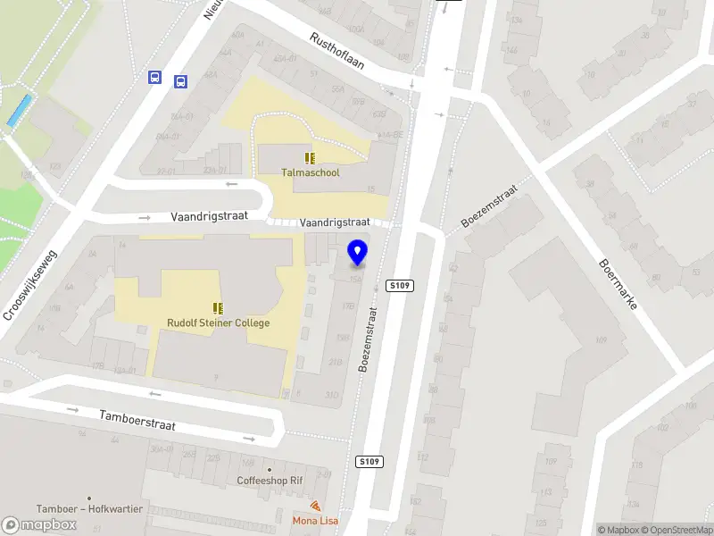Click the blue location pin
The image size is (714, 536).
(x=358, y=253)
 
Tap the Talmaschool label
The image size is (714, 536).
(x=311, y=172)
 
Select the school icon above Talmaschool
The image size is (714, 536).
(x=310, y=158)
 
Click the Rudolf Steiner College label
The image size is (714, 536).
(x=218, y=322)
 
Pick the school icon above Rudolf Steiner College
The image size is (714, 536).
(x=217, y=307)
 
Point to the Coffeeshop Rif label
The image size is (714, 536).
(x=270, y=480)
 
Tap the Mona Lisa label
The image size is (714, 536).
(x=315, y=520)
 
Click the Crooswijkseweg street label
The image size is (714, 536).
(x=30, y=284)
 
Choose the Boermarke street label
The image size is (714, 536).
(x=619, y=284)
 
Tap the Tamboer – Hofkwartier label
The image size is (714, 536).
(x=89, y=508)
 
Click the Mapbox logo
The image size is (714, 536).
(x=39, y=525)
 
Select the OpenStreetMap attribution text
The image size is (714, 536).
(x=675, y=530)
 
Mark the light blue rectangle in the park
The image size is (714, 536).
(x=19, y=110)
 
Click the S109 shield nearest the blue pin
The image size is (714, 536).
(x=400, y=285)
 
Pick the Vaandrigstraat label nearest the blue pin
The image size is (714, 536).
(x=334, y=222)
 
